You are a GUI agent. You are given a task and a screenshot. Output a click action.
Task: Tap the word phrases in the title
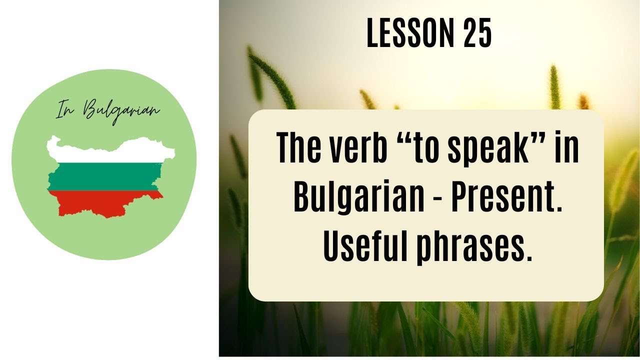tap(471, 246)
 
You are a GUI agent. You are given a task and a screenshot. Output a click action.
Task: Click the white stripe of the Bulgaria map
tap(110, 150)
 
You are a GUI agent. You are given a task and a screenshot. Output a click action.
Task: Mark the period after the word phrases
tap(528, 258)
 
